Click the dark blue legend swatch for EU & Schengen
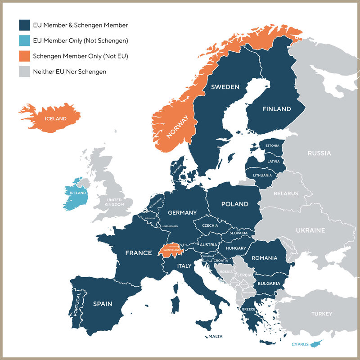tap(24, 25)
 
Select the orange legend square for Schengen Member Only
tap(24, 56)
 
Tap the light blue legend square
tap(24, 40)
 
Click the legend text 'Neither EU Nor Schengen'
tap(69, 71)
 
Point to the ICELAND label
tap(55, 119)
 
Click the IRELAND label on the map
tap(78, 193)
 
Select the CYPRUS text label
tap(300, 345)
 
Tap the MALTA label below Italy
tap(215, 336)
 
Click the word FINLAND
tap(276, 109)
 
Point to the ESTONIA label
tap(273, 146)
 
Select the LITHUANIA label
tap(262, 175)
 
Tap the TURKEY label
tap(322, 314)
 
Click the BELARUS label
tap(286, 193)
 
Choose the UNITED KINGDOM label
tap(114, 202)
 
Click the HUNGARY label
tap(236, 248)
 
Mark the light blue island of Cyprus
tap(319, 343)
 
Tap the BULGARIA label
tap(269, 283)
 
